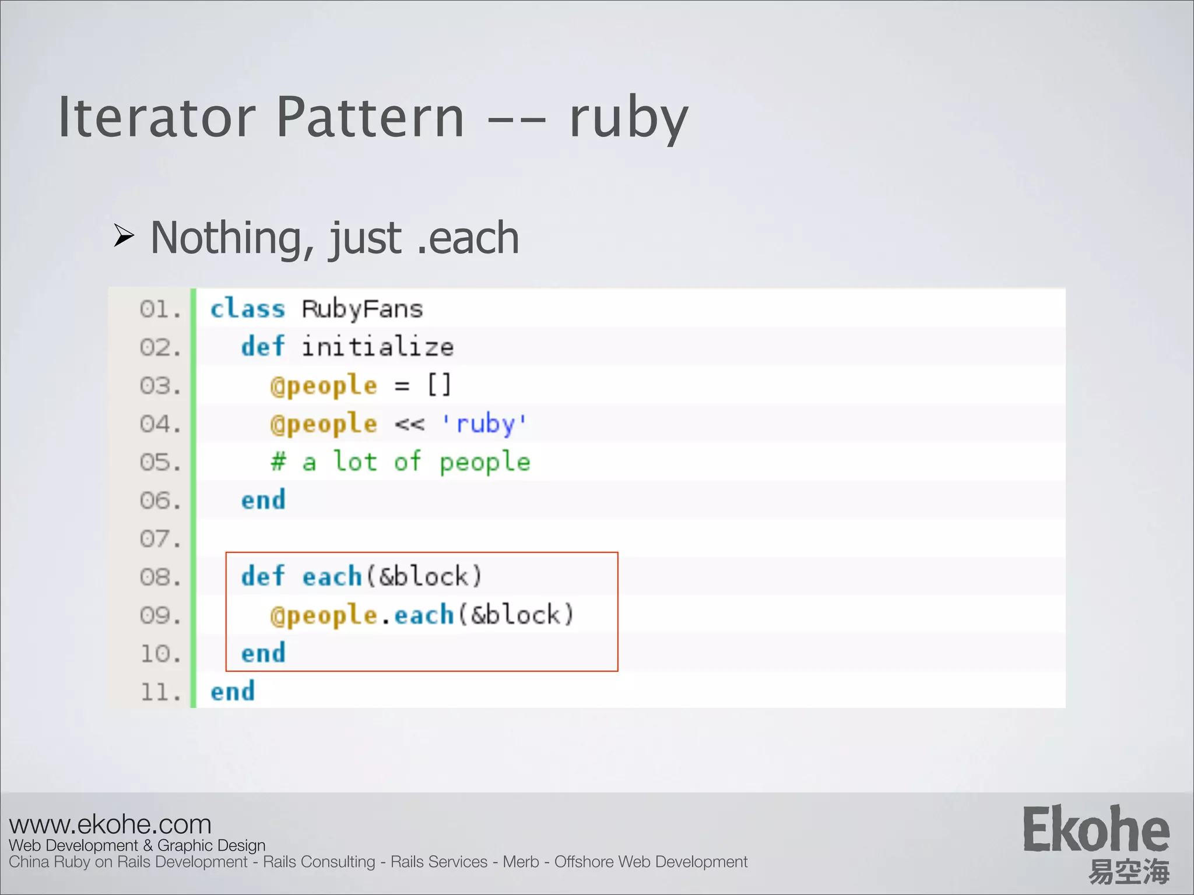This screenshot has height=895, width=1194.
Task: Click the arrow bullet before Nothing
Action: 124,236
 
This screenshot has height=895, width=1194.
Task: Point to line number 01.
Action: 160,309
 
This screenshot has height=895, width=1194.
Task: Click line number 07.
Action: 160,539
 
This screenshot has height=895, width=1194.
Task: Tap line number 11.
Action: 160,692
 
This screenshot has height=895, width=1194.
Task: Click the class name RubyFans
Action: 362,309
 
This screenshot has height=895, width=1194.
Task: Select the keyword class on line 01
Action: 247,309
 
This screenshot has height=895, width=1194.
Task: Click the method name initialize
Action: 377,347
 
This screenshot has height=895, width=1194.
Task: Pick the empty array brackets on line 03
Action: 439,385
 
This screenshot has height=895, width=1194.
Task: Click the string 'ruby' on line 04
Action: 484,424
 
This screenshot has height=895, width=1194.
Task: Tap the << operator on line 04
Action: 409,424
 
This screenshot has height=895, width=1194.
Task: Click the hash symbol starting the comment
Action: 278,462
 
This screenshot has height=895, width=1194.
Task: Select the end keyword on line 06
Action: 263,501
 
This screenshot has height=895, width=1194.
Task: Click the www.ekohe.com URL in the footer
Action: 110,824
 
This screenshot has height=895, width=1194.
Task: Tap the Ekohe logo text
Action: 1095,830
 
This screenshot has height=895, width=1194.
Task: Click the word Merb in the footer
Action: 521,862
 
